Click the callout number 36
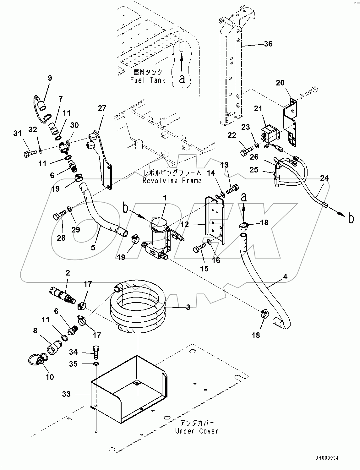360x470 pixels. click(268, 44)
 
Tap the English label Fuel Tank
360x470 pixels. click(148, 80)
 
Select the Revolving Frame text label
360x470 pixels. click(172, 181)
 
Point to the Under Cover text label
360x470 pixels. click(196, 431)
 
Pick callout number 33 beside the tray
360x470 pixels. click(66, 394)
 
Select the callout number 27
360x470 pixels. click(102, 108)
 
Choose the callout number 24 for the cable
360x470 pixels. click(324, 178)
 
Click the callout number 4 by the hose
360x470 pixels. click(285, 277)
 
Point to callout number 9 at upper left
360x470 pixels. click(50, 78)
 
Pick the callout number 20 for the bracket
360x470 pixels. click(280, 83)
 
